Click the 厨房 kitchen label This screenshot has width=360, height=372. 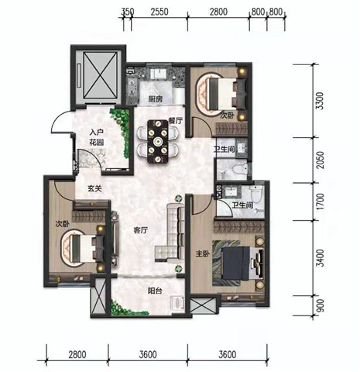pyautogui.click(x=156, y=99)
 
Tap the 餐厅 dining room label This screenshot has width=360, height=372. pyautogui.click(x=176, y=121)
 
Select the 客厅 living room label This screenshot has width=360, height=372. pyautogui.click(x=141, y=230)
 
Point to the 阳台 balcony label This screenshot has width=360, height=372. pyautogui.click(x=155, y=291)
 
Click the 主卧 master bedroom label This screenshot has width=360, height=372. pyautogui.click(x=203, y=254)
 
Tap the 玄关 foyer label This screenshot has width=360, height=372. pyautogui.click(x=94, y=188)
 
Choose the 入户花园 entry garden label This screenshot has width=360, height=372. pyautogui.click(x=97, y=137)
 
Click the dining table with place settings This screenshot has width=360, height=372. pyautogui.click(x=157, y=141)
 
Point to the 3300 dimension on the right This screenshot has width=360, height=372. pyautogui.click(x=320, y=101)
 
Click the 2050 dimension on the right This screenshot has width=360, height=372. pyautogui.click(x=320, y=160)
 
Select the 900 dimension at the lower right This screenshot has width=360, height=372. pyautogui.click(x=320, y=305)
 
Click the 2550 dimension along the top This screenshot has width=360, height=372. pyautogui.click(x=159, y=12)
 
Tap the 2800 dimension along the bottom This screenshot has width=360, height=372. pyautogui.click(x=77, y=354)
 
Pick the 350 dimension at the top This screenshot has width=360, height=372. pyautogui.click(x=128, y=12)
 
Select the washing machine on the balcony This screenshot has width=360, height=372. pyautogui.click(x=177, y=302)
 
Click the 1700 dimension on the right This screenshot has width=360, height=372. pyautogui.click(x=320, y=201)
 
